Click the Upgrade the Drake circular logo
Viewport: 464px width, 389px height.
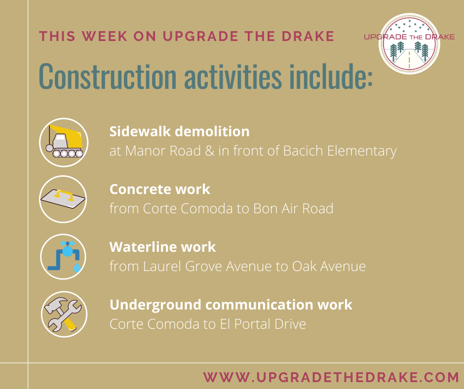tap(409, 43)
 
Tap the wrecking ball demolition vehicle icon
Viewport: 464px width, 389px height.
tap(64, 142)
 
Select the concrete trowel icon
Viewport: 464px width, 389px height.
tap(63, 199)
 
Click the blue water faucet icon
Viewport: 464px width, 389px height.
tap(63, 257)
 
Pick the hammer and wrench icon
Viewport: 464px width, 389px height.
tap(64, 314)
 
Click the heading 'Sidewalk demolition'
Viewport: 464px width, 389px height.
tap(179, 131)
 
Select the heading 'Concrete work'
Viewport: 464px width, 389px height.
tap(160, 189)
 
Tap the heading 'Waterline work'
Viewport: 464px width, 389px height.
tap(162, 247)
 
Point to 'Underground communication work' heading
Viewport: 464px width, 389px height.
tap(231, 305)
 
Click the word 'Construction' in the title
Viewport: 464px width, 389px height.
tap(108, 76)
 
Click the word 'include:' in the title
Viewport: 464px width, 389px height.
tap(331, 76)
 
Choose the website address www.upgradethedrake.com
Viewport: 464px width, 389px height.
tap(331, 377)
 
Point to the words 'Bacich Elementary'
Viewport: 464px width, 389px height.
tap(340, 151)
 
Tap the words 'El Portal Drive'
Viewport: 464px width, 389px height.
tap(263, 324)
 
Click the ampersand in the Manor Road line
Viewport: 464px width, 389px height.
tap(209, 151)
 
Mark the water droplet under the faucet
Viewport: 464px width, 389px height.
tap(77, 268)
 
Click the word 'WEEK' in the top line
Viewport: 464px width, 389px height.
tap(105, 37)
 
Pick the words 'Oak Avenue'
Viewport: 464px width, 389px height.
tap(329, 266)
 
